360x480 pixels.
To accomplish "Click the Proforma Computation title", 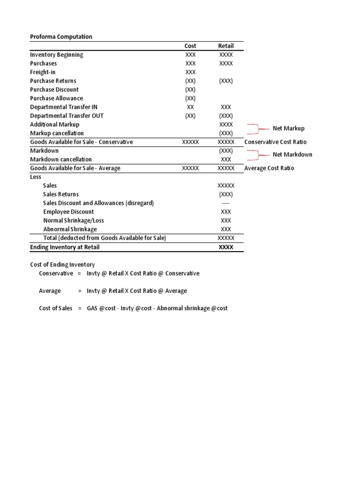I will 61,37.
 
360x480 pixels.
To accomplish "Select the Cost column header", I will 190,46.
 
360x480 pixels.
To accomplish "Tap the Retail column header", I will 225,46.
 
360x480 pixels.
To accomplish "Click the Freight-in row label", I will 43,72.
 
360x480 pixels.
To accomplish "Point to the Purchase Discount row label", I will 54,90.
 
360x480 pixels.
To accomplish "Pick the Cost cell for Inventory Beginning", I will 190,55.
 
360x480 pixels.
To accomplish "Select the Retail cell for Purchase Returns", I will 225,81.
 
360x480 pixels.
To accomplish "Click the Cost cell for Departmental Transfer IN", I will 190,107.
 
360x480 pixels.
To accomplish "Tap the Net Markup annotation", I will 288,128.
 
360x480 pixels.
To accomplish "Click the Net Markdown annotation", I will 292,155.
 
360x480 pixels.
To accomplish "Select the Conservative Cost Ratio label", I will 276,142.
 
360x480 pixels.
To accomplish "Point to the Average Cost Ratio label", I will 269,168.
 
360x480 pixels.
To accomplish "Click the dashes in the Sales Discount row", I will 225,203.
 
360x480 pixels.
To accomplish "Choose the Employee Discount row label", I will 68,212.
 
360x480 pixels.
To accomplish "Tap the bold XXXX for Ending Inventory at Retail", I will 225,247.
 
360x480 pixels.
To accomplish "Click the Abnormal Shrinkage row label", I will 70,229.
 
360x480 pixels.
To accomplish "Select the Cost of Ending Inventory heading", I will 62,265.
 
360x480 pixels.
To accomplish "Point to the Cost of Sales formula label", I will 55,308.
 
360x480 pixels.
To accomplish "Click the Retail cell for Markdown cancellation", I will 225,159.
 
